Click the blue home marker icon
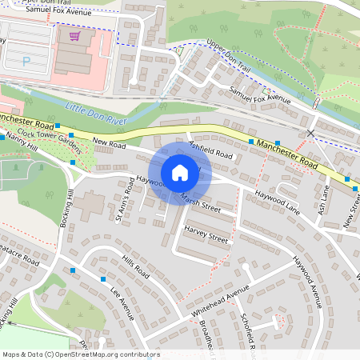coord(180,172)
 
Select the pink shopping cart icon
coord(74,36)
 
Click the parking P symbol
coord(26,60)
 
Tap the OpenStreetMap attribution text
coord(80,354)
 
